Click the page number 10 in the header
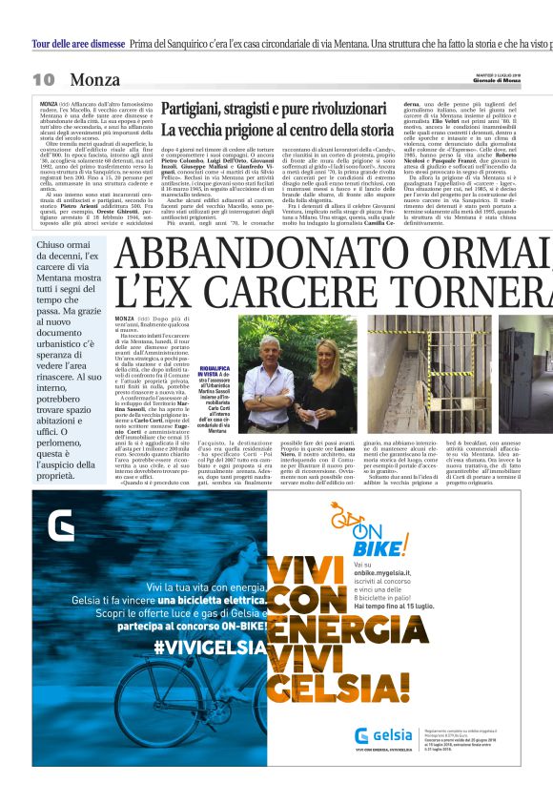(x=44, y=79)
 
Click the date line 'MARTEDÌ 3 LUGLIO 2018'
(x=501, y=73)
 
